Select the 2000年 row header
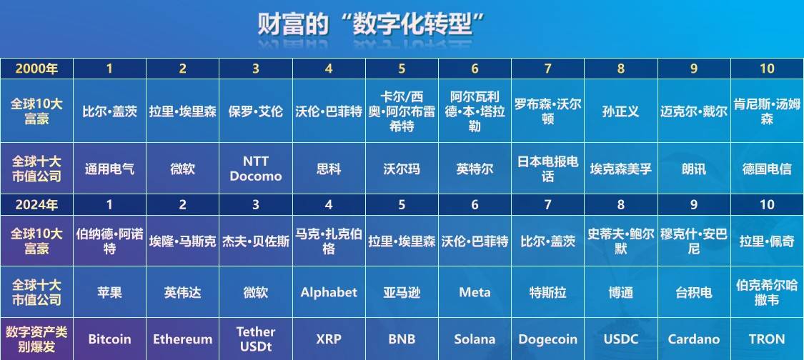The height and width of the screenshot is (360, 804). (x=36, y=69)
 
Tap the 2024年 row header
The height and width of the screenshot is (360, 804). (x=36, y=205)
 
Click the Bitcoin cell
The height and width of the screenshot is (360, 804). (x=109, y=339)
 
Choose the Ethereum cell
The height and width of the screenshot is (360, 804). (x=183, y=339)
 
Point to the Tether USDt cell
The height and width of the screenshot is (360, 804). (x=256, y=339)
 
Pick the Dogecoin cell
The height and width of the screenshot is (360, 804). (x=547, y=339)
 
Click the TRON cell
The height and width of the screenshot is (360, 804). (x=767, y=339)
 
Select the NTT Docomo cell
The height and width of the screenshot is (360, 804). (x=256, y=169)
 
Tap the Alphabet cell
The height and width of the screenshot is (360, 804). (x=329, y=292)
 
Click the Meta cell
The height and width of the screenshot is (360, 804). (x=475, y=292)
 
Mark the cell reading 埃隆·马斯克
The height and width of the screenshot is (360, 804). (x=183, y=241)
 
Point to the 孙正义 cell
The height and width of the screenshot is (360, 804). (x=620, y=112)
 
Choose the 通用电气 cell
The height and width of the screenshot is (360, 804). (x=109, y=169)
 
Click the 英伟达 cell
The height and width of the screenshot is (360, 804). (x=183, y=292)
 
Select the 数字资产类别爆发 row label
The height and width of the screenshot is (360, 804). (x=36, y=339)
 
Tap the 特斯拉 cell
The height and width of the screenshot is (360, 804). (x=547, y=292)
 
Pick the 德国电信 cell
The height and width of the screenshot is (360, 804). (x=767, y=169)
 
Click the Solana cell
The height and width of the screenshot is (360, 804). (x=475, y=339)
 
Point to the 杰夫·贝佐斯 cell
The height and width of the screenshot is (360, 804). (x=256, y=241)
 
